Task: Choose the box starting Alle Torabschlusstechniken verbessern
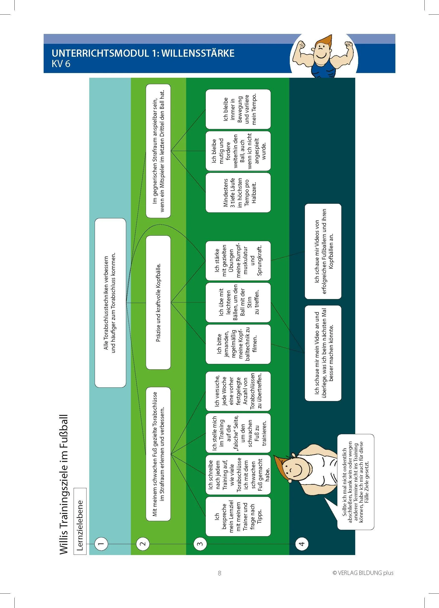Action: [110, 303]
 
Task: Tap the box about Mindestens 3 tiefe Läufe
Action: [238, 193]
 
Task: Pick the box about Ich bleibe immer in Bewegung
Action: [238, 109]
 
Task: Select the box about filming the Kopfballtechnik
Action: [238, 344]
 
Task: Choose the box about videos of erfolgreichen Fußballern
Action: [323, 252]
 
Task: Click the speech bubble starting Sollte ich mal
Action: [355, 482]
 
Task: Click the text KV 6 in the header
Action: [61, 64]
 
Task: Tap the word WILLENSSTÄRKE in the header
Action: [198, 53]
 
